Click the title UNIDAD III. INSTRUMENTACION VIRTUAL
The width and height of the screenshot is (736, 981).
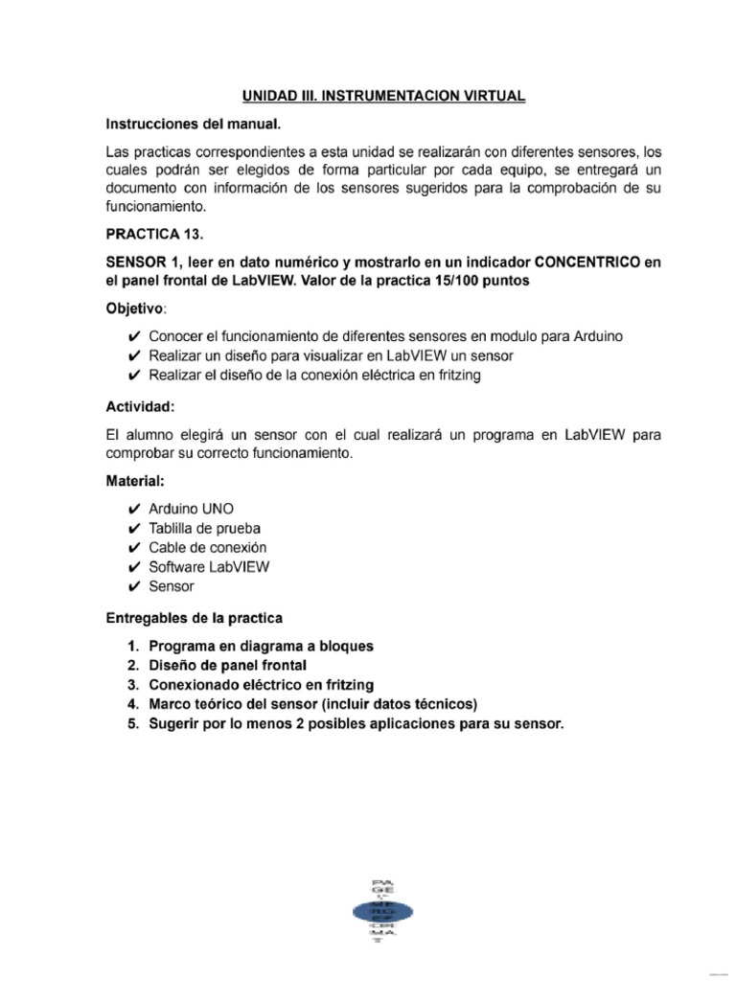click(382, 97)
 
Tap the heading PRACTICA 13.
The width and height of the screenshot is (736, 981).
click(157, 233)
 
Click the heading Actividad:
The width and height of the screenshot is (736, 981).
click(140, 406)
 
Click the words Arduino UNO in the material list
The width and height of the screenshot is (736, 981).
click(191, 509)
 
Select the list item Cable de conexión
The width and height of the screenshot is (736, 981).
click(207, 547)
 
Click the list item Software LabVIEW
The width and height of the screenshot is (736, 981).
click(209, 566)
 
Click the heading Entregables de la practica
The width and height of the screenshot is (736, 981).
click(194, 617)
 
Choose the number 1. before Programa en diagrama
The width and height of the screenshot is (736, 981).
click(133, 646)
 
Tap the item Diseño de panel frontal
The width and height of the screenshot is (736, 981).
click(227, 665)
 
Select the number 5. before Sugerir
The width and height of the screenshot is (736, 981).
click(133, 724)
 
